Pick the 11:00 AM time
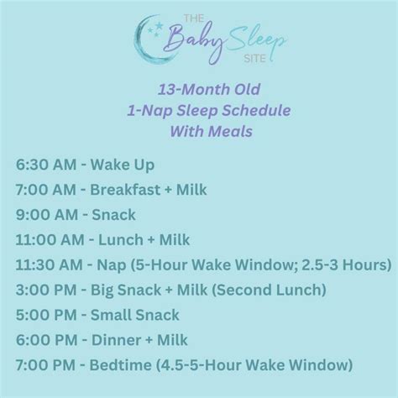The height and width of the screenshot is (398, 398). point(46,240)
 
